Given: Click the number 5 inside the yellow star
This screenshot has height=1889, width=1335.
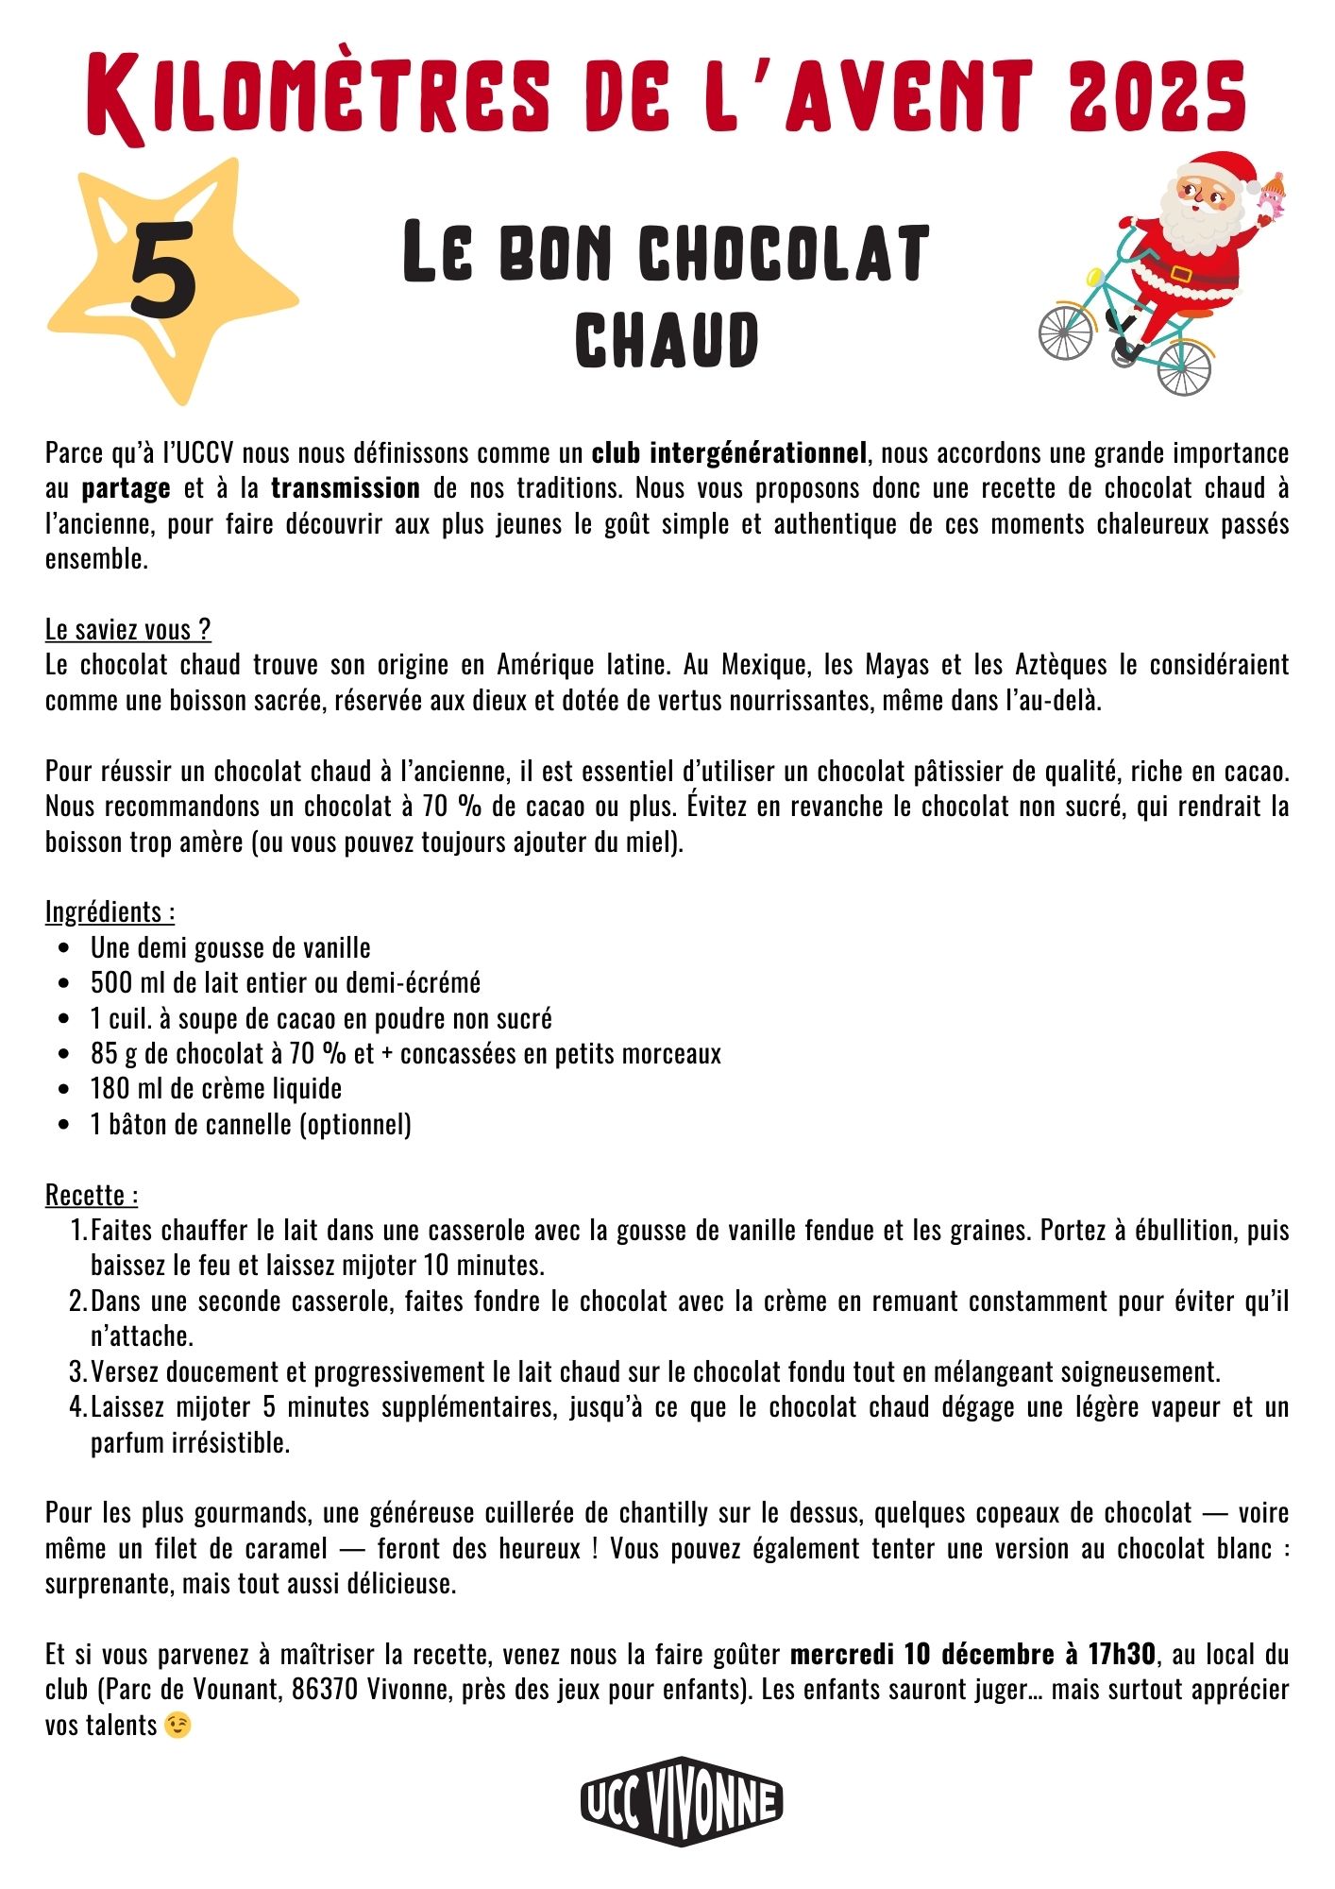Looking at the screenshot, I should (163, 270).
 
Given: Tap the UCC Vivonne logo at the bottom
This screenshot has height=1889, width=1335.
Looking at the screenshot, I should (681, 1801).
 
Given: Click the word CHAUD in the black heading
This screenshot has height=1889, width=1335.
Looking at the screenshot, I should (667, 340).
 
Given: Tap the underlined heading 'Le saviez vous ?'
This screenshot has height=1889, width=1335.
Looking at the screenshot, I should (128, 629).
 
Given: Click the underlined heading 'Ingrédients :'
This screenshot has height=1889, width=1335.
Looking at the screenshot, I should (110, 912).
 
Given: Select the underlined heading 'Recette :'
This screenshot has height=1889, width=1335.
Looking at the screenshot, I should (93, 1196).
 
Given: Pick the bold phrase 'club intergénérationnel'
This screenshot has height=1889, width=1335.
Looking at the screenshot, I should (729, 453).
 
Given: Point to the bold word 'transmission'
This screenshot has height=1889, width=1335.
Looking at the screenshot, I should (346, 488).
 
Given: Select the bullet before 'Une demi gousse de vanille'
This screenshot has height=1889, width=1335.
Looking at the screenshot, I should (64, 948).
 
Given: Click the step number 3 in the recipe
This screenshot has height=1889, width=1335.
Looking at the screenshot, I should (77, 1372).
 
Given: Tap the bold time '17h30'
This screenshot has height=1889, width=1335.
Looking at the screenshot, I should (1122, 1655).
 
